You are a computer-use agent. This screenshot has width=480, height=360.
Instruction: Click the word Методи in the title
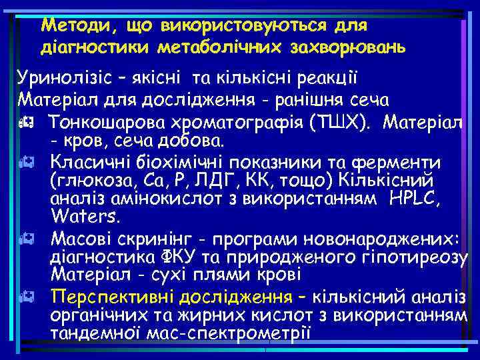(69, 25)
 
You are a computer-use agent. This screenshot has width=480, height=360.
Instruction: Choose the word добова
(192, 141)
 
